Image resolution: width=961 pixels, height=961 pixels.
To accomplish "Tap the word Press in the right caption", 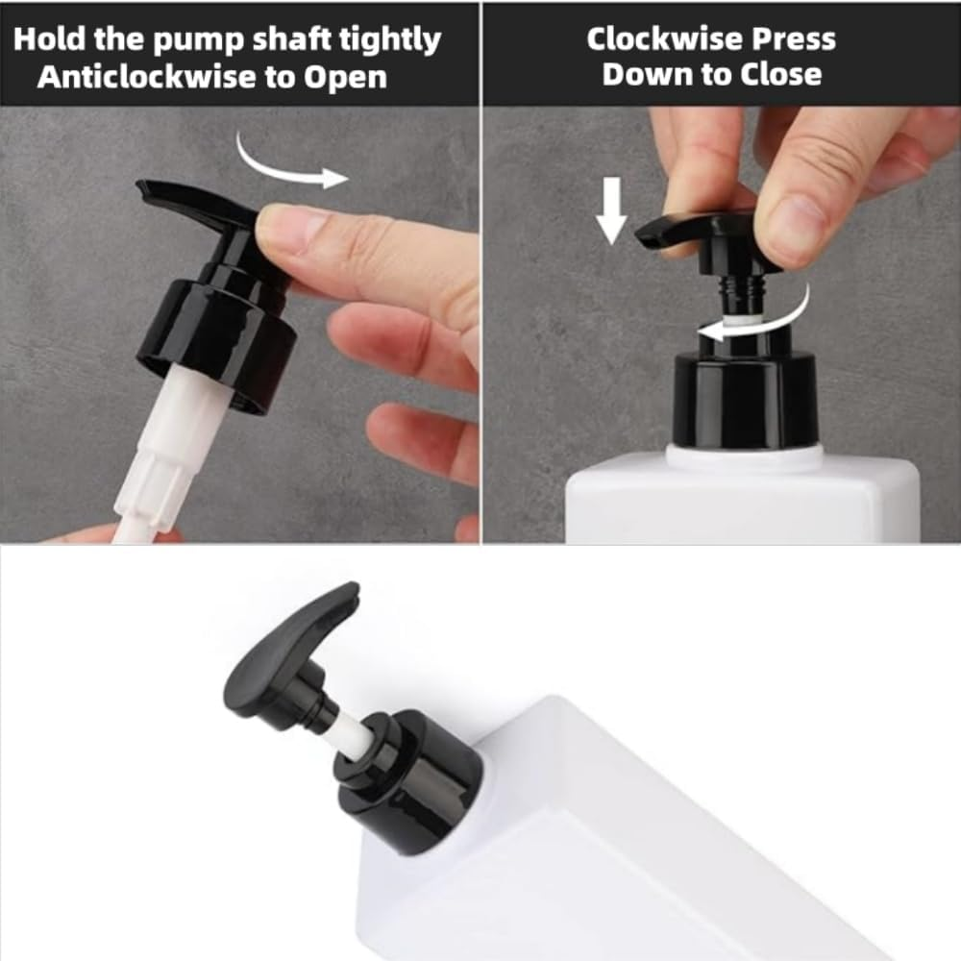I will point(796,39).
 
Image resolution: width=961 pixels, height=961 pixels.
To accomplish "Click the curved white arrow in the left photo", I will point(288,163).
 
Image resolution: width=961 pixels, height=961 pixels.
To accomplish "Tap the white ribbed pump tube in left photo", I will point(173,452).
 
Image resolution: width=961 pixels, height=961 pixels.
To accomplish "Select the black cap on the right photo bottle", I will point(745,394).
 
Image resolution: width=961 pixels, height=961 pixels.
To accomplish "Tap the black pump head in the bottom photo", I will point(288,653).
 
